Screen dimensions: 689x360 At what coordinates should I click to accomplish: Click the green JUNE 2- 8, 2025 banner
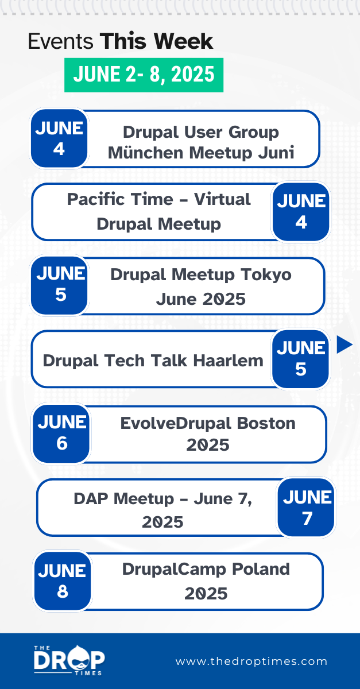pos(144,75)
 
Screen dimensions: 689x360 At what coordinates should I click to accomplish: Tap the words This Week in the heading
pos(156,41)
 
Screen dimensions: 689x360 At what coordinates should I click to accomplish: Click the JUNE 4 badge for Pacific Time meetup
pos(301,211)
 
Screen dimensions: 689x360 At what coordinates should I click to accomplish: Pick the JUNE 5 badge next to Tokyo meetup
pos(60,285)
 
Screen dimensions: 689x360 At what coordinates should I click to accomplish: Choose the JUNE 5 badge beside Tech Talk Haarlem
pos(300,359)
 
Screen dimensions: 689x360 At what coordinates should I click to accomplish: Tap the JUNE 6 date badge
pos(61,433)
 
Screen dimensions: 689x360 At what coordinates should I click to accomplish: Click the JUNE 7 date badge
pos(307,508)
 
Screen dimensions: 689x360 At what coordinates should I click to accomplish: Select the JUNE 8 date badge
pos(62,580)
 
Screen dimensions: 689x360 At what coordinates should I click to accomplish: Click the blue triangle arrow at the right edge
pos(344,344)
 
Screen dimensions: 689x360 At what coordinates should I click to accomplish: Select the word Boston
pos(267,423)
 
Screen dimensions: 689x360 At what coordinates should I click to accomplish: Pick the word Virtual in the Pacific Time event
pos(222,199)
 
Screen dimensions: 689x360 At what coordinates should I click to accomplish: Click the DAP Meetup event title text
pos(162,510)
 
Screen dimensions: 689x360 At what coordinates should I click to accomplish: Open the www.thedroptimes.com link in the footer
pos(251,661)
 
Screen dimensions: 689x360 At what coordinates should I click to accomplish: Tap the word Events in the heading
pos(61,41)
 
